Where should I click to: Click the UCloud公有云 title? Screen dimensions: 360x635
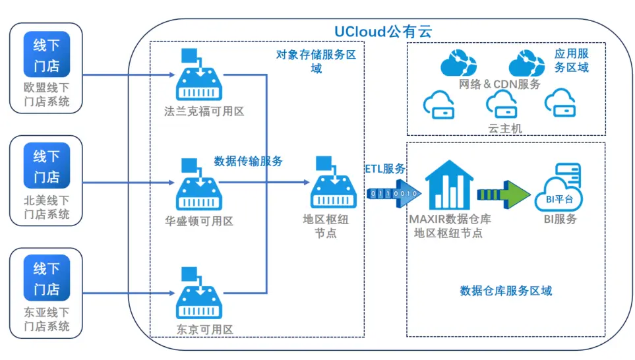(382, 31)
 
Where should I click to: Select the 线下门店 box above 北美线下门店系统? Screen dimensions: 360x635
(46, 167)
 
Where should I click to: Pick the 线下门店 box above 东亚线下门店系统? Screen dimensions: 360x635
(46, 279)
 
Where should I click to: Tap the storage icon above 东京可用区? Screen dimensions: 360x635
(199, 296)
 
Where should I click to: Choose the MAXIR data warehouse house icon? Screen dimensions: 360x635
(448, 184)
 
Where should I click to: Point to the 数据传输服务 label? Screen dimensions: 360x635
(249, 161)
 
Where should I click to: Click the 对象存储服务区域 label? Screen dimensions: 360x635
(316, 62)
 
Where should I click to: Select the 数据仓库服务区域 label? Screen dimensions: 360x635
(506, 291)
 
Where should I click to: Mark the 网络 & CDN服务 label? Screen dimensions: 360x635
(499, 84)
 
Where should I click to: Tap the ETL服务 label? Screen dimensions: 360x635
(386, 168)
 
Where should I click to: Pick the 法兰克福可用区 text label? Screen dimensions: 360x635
(204, 111)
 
